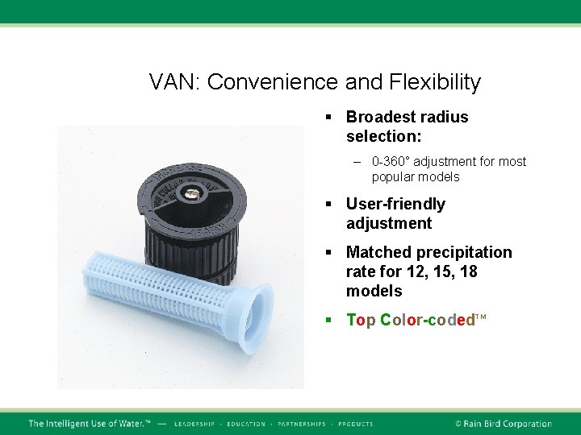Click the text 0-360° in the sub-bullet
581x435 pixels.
(391, 161)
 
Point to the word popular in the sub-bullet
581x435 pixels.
(392, 176)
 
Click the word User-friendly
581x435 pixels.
(395, 204)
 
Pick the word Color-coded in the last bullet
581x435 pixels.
(428, 320)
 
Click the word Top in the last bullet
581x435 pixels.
(361, 320)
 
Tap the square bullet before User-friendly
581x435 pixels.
(329, 205)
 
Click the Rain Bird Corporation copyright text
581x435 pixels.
(503, 424)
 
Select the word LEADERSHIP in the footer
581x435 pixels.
(194, 424)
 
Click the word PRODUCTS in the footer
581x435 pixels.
(356, 424)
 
